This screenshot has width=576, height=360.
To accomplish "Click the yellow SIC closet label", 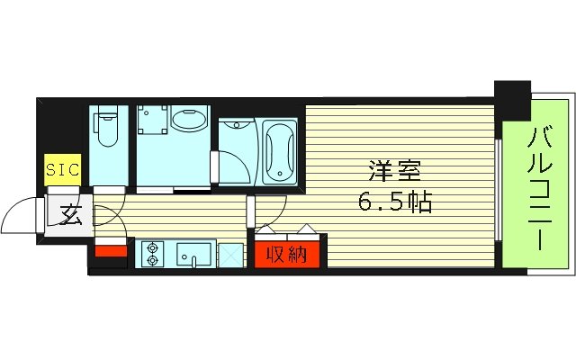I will [63, 168].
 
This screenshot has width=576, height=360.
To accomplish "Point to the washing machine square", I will [154, 121].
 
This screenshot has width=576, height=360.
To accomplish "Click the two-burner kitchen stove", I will [150, 253].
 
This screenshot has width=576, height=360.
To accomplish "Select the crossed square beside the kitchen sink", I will [230, 254].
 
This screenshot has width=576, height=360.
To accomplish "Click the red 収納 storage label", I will [286, 255].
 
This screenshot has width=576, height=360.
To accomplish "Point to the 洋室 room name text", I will [392, 170].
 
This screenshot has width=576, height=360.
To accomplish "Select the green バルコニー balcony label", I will [537, 191].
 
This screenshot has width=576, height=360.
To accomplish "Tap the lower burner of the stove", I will [150, 260].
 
